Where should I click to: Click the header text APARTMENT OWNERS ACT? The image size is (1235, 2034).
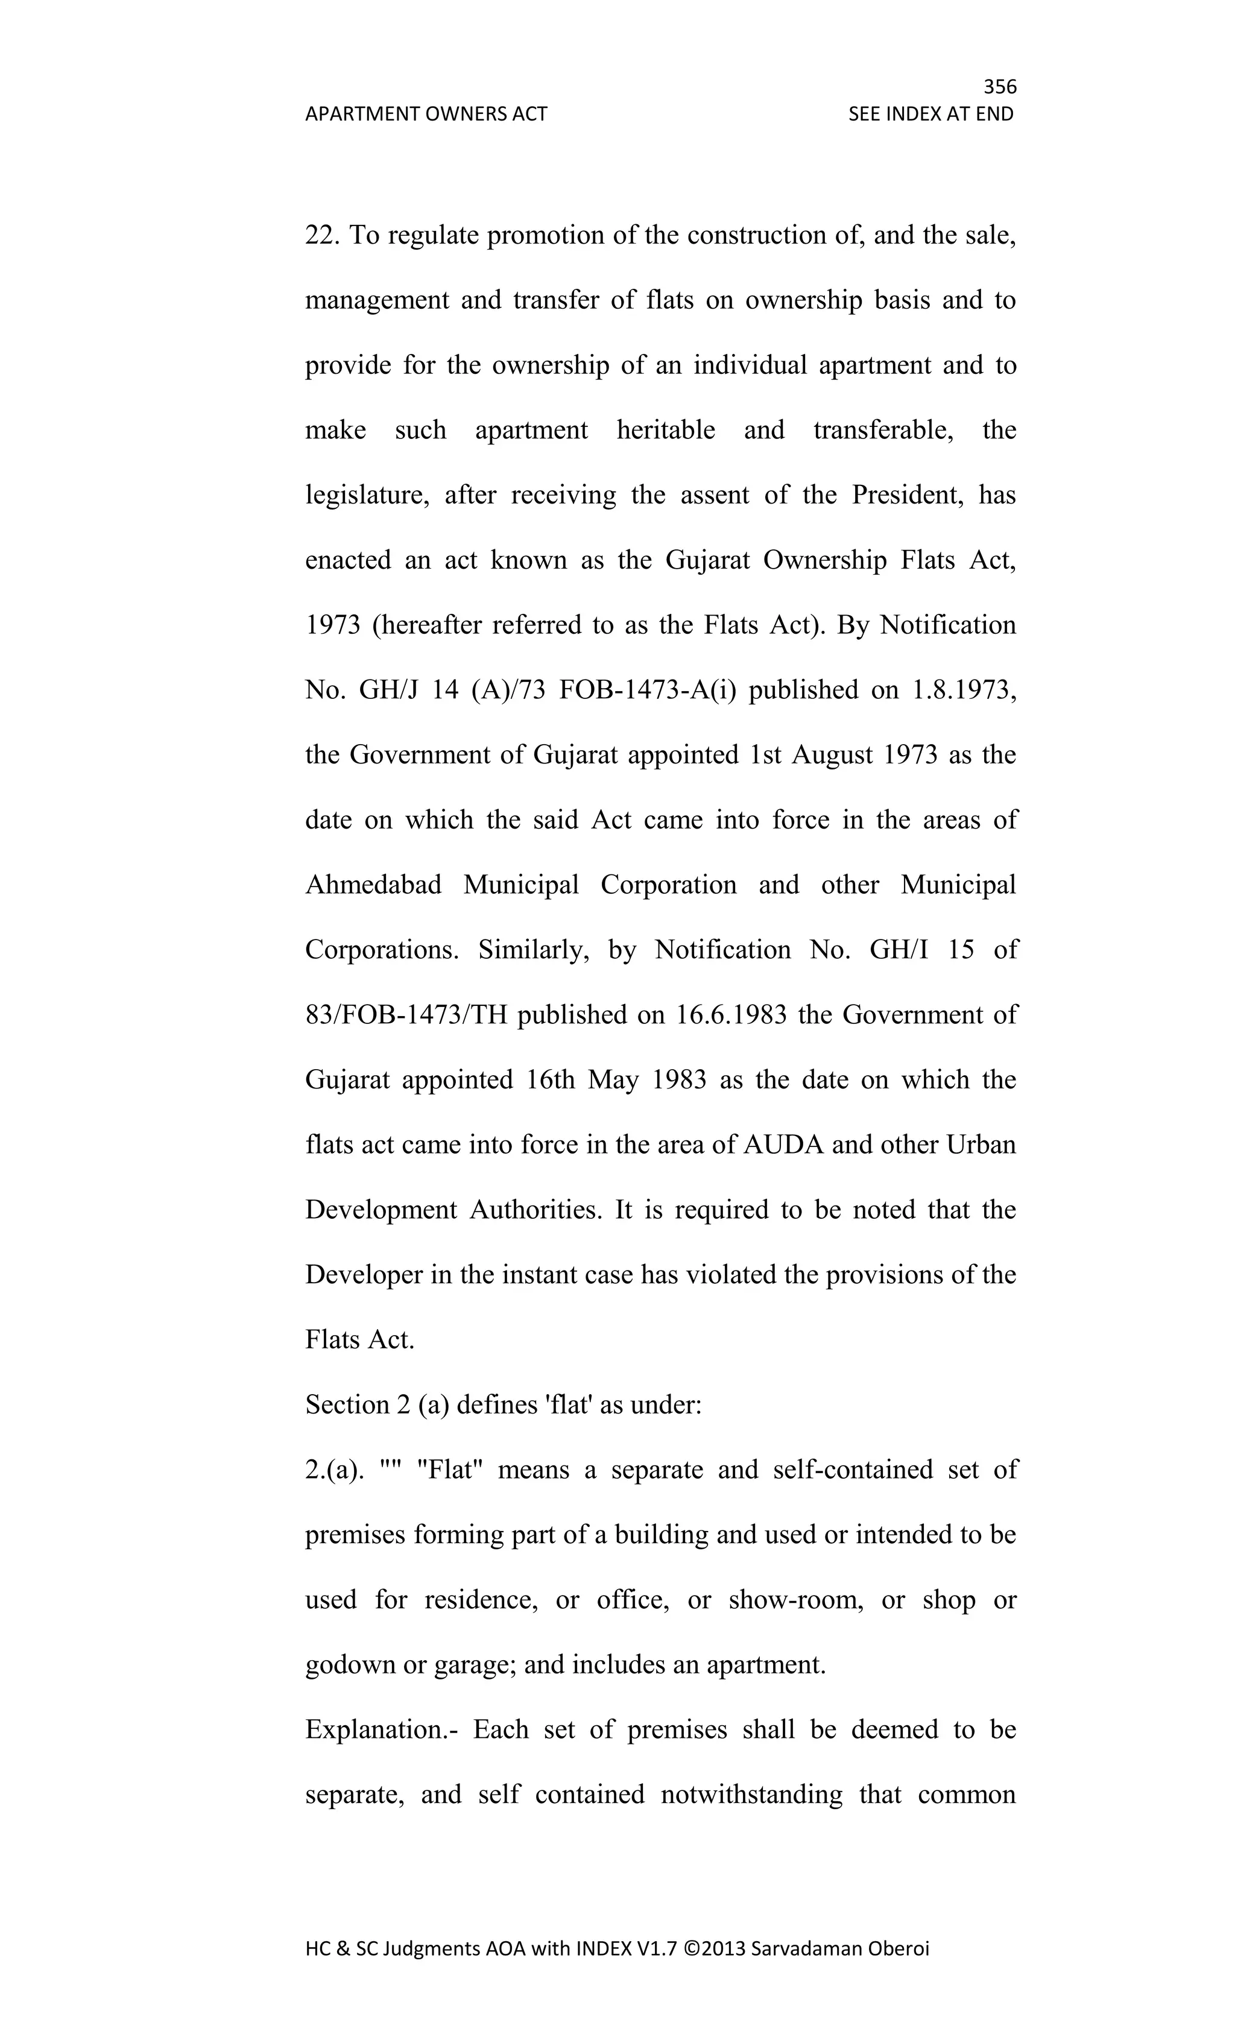[426, 114]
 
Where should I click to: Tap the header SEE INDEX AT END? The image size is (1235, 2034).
[930, 114]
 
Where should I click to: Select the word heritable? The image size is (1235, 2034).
[665, 430]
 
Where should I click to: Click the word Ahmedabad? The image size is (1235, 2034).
[373, 885]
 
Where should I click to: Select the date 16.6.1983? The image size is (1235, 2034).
[731, 1014]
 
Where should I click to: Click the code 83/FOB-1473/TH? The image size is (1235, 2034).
[406, 1014]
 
